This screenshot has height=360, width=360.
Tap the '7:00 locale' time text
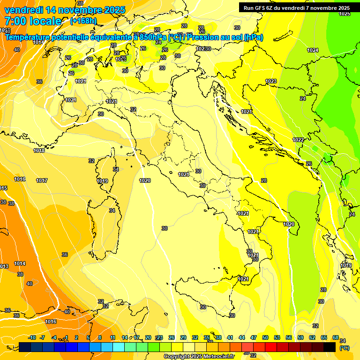point(32,21)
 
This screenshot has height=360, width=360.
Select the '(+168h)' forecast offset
point(83,21)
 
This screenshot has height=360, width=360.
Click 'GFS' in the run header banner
point(265,8)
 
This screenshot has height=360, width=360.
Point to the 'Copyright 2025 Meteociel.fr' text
point(199,356)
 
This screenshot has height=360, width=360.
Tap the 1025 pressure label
point(345,14)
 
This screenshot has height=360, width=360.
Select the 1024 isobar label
point(313,50)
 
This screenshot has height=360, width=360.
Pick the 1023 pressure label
point(271,81)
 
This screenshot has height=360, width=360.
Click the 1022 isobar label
point(298,140)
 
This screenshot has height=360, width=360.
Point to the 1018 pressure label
point(39,150)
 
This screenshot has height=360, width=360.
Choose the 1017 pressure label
point(42,180)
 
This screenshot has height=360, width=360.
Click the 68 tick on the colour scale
point(336,337)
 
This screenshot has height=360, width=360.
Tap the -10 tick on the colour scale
point(32,337)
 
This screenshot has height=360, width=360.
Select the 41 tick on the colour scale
point(230,337)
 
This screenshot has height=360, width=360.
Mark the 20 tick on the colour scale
point(148,337)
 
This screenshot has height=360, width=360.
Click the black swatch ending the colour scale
point(330,347)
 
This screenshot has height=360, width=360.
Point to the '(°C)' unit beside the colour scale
point(345,348)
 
